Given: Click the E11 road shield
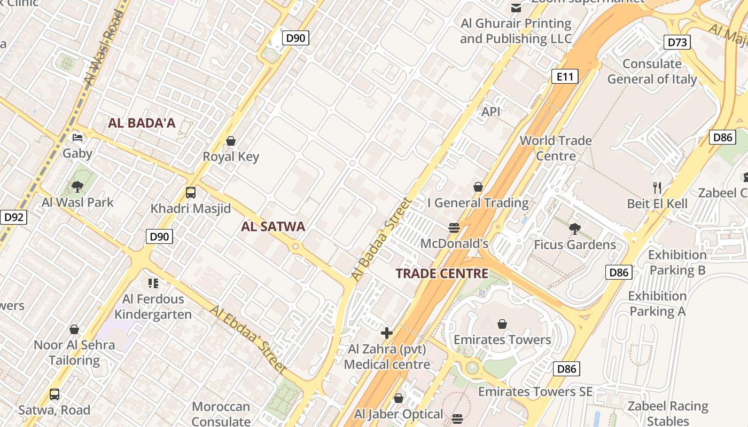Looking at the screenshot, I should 565,77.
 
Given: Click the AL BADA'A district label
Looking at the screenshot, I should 142,123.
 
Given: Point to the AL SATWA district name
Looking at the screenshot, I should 273,226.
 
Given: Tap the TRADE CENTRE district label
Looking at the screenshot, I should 442,274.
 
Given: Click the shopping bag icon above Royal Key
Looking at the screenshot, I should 231,141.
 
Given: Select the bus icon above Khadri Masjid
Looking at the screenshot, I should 191,193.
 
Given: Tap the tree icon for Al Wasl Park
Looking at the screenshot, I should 77,187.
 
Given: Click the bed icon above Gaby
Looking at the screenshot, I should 77,138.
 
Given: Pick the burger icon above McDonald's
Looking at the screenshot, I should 454,228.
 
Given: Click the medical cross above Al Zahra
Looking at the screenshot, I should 387,334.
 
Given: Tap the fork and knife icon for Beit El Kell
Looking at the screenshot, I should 657,187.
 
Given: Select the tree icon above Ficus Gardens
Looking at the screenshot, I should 575,229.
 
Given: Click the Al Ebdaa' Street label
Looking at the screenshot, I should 249,339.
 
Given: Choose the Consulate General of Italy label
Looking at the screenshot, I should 652,72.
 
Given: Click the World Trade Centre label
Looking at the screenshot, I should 556,148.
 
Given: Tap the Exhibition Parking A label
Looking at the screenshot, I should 657,303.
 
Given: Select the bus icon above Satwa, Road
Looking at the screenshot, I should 54,394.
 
